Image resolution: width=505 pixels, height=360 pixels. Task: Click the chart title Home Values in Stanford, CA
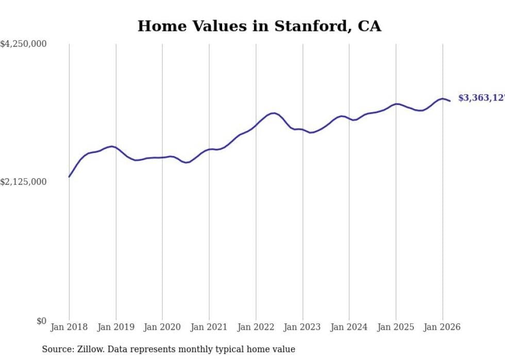tap(259, 26)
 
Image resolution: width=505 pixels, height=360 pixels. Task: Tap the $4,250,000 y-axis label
tap(23, 44)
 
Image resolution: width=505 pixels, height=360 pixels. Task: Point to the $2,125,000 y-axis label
tap(23, 182)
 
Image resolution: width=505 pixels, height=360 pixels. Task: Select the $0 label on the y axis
tap(41, 321)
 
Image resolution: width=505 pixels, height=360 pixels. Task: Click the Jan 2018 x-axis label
tap(69, 327)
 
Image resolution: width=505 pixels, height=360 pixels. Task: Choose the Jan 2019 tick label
tap(116, 327)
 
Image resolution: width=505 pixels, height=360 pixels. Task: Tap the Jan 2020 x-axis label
tap(162, 327)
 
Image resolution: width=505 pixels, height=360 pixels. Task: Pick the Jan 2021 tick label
tap(209, 327)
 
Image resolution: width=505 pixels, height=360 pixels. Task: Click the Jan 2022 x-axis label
tap(256, 327)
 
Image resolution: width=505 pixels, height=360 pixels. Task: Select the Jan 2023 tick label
tap(302, 327)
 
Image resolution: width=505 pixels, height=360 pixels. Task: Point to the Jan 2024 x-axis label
tap(349, 327)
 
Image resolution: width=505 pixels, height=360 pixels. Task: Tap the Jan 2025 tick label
tap(396, 327)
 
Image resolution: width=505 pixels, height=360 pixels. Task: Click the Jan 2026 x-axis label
tap(442, 327)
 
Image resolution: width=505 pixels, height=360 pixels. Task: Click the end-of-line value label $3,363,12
tap(481, 98)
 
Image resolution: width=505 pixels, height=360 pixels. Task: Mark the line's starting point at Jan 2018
tap(69, 177)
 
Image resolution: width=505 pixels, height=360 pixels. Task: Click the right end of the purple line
tap(450, 101)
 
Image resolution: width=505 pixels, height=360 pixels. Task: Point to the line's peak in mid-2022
tap(273, 113)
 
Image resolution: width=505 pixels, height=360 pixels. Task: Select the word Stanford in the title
tap(300, 26)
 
